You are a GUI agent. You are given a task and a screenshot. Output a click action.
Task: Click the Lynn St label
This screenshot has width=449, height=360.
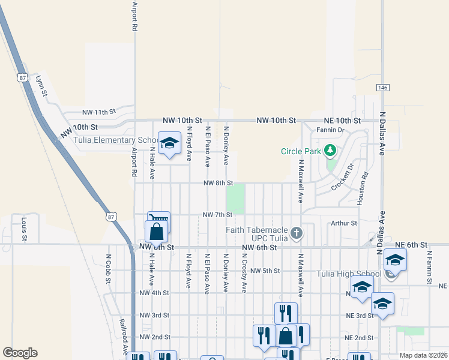tap(41, 85)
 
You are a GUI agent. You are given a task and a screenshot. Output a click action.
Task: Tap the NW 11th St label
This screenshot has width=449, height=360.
tap(98, 112)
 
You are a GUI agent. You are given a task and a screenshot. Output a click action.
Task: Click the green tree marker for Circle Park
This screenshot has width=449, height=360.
tap(330, 150)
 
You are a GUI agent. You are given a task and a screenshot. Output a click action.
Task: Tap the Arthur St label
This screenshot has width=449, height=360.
tap(344, 223)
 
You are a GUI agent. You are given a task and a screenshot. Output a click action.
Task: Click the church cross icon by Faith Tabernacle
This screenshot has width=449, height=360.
tap(296, 232)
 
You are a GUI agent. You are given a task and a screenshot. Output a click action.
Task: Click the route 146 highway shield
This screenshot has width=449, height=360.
tap(382, 88)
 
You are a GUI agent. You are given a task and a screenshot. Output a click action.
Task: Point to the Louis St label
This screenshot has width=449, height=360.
tap(25, 229)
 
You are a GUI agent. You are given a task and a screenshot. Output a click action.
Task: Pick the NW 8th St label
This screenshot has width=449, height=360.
tap(217, 183)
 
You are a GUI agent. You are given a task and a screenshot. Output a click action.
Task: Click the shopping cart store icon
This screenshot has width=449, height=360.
tap(159, 220)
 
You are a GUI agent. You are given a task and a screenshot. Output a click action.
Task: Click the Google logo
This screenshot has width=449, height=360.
tap(20, 353)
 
